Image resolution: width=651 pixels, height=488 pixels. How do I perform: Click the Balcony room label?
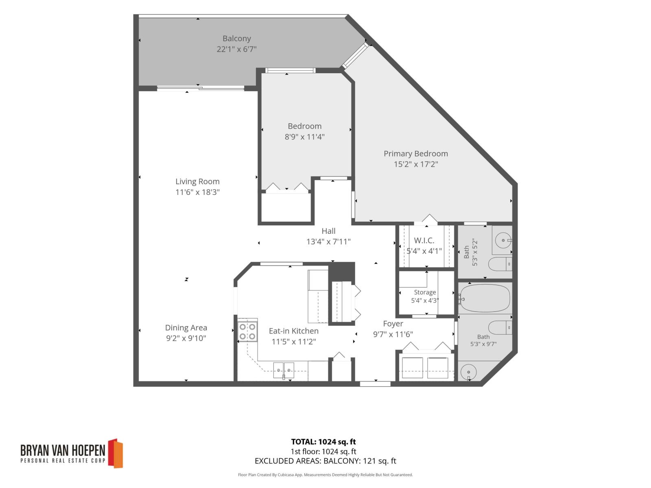click(x=237, y=39)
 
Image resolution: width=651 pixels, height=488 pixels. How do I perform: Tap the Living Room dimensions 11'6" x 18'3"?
click(x=197, y=192)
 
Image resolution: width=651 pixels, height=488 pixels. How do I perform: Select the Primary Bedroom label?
click(x=416, y=154)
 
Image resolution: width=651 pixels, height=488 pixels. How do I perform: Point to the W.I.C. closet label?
click(x=424, y=240)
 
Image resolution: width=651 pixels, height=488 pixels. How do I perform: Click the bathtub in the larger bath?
click(x=485, y=298)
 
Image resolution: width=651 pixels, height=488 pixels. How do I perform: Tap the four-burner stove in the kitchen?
click(x=247, y=331)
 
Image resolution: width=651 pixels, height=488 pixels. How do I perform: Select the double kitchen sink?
click(x=284, y=370)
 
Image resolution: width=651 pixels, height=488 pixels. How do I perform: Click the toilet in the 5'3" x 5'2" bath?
click(x=500, y=264)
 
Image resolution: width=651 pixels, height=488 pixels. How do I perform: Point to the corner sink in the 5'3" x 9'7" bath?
click(x=468, y=372)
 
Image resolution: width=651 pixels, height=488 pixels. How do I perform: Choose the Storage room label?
click(x=425, y=292)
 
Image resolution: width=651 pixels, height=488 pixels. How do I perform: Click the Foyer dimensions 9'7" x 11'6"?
click(x=393, y=335)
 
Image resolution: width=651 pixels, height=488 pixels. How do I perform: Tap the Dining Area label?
click(x=186, y=328)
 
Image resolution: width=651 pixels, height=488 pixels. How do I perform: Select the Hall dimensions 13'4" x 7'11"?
click(x=328, y=242)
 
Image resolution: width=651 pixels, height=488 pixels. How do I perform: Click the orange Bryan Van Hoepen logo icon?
click(x=116, y=453)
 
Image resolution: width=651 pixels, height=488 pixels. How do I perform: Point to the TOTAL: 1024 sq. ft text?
click(x=323, y=442)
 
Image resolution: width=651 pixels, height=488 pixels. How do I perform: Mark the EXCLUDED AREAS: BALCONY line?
click(x=325, y=461)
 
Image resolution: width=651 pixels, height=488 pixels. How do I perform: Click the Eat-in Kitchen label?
click(x=294, y=331)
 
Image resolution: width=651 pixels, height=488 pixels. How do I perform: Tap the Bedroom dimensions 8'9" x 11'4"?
click(x=305, y=137)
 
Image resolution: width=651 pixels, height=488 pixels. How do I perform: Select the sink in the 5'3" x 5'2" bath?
click(x=503, y=240)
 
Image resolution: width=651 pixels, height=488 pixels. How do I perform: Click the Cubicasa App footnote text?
click(x=325, y=475)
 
